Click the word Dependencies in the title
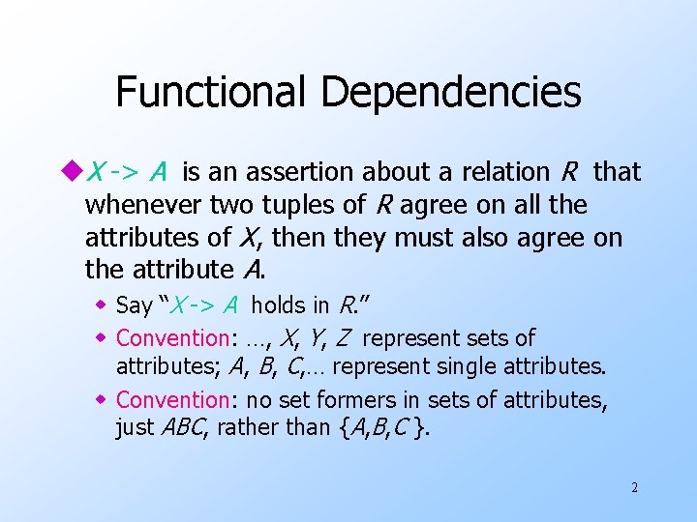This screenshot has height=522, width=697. click(x=451, y=93)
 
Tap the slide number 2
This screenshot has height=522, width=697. click(x=634, y=488)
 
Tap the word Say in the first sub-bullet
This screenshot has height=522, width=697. click(x=134, y=306)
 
